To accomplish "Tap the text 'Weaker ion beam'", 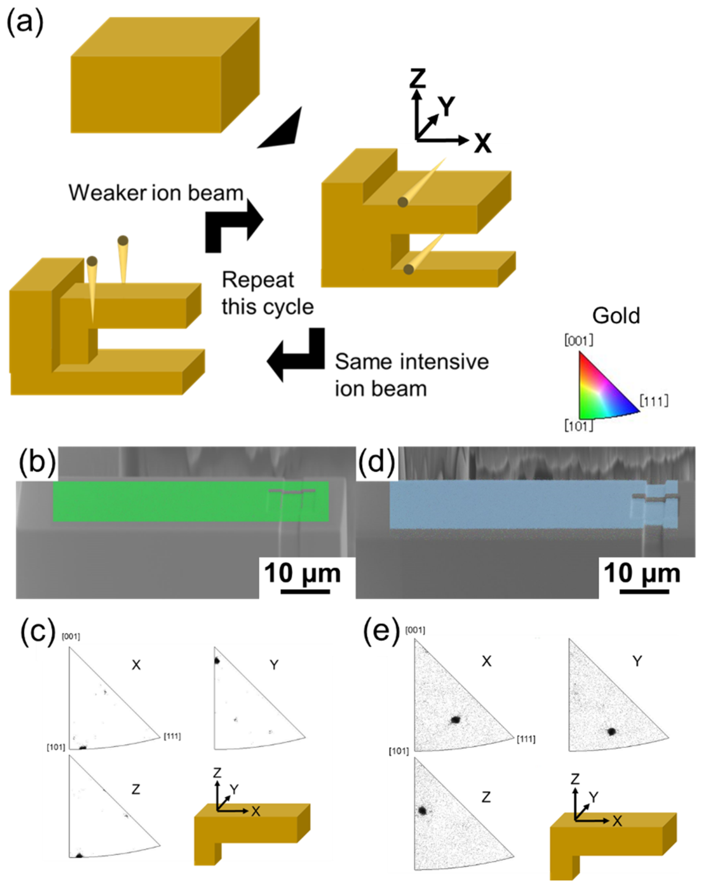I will tap(156, 193).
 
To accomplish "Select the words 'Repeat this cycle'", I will tap(267, 293).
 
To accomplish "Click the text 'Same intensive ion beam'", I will tap(411, 375).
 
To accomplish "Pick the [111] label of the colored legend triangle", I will tap(654, 401).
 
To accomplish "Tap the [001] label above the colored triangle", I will tap(579, 340).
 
